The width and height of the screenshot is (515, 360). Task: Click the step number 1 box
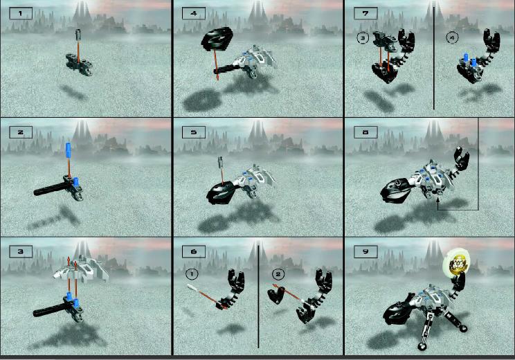(21, 14)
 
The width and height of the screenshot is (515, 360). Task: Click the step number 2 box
(21, 132)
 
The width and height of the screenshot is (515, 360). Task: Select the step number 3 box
(21, 251)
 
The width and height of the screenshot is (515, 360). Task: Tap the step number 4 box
(194, 14)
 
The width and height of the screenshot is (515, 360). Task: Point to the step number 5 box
(194, 132)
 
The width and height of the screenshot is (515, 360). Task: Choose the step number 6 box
(194, 251)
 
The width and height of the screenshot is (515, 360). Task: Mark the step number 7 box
(365, 14)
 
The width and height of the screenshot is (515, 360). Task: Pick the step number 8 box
(365, 132)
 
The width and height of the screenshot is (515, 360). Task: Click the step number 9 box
(365, 251)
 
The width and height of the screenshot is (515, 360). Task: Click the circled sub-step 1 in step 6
(192, 274)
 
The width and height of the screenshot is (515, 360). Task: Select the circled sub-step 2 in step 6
(278, 274)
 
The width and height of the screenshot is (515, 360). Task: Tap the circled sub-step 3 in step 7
(363, 38)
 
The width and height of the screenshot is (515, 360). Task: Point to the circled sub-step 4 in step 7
(452, 38)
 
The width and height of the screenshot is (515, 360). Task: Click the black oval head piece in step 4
(217, 39)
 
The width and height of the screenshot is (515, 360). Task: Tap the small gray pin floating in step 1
(78, 34)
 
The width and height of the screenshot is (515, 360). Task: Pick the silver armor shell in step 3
(82, 270)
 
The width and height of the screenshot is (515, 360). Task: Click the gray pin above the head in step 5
(220, 162)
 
